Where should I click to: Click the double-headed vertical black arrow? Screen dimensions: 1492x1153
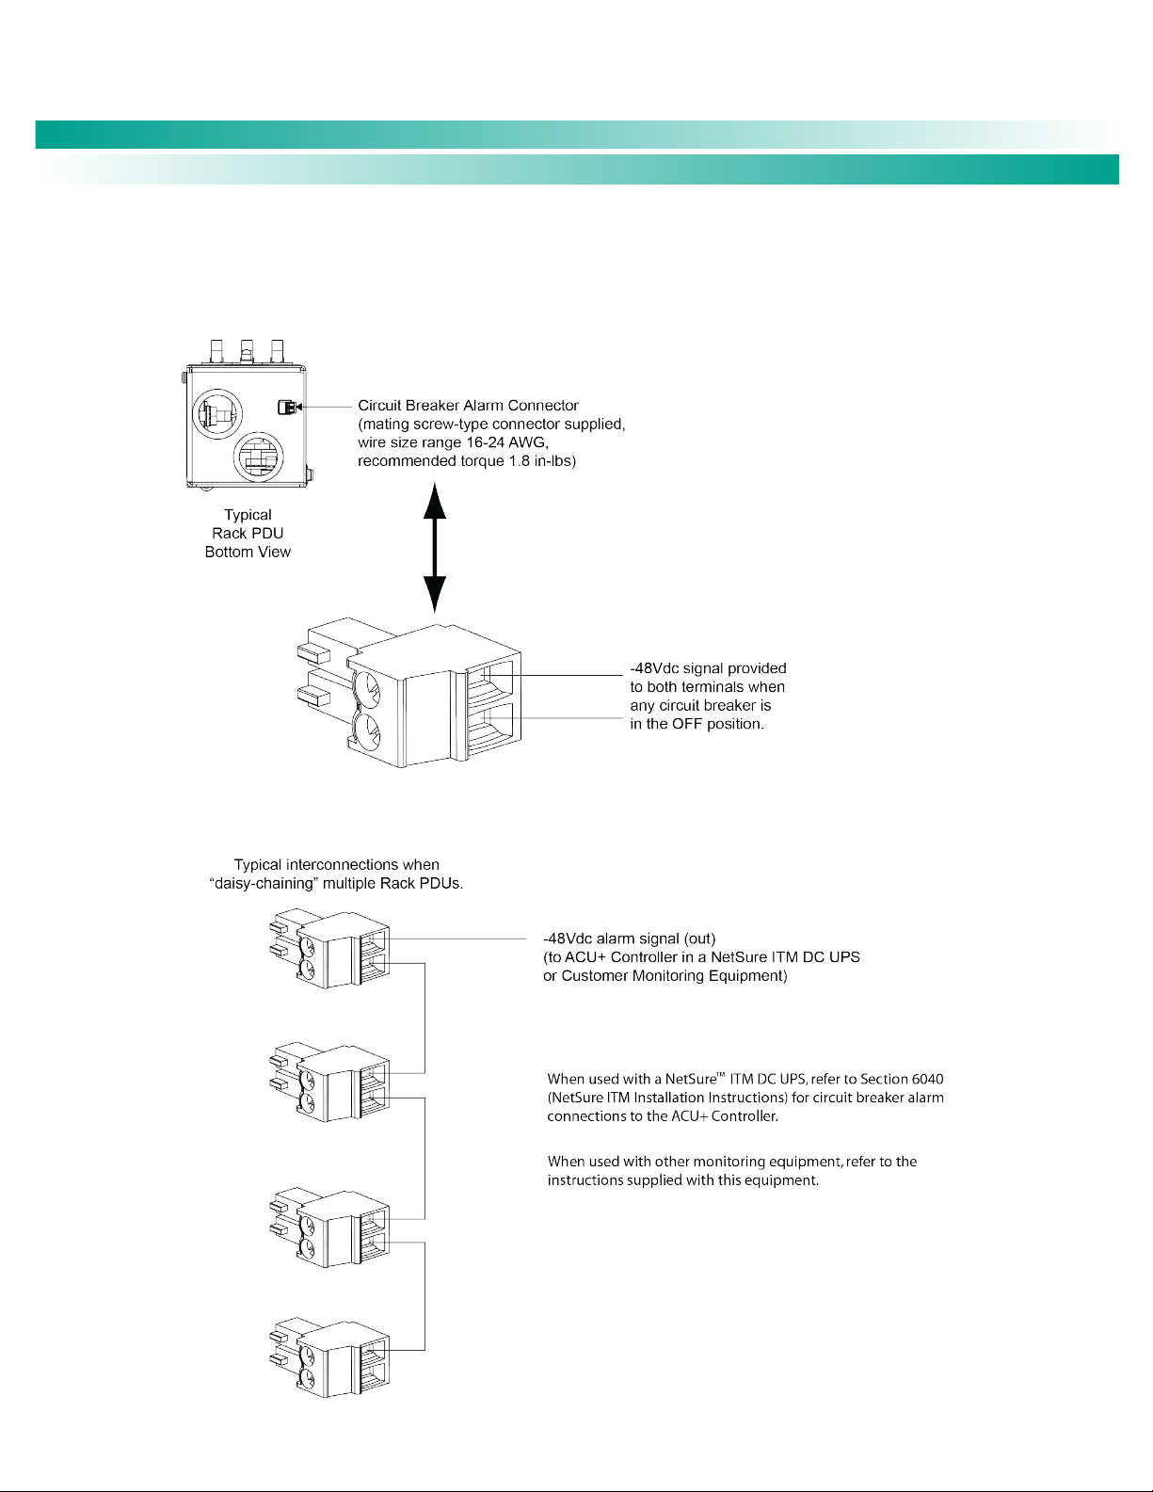coord(434,546)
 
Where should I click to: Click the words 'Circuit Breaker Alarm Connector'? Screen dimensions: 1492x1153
coord(468,406)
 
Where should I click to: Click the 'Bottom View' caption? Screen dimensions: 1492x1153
coord(248,553)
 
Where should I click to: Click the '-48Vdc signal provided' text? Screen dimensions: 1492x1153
coord(708,668)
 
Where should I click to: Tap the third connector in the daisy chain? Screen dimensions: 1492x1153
coord(329,1227)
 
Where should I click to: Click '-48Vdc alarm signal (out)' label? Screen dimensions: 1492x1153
coord(630,939)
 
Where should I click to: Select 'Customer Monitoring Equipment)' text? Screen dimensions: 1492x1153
coord(674,976)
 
